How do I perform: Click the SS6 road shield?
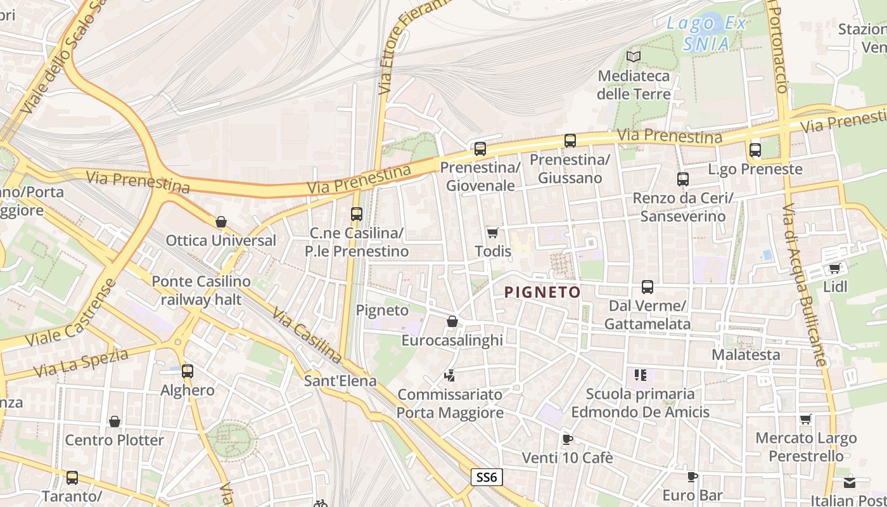(487, 477)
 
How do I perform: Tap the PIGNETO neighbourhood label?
(542, 292)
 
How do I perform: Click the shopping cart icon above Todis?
(492, 233)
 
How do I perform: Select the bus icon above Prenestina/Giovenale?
(480, 150)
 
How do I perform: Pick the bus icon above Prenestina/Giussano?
(570, 141)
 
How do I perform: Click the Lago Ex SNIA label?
(706, 34)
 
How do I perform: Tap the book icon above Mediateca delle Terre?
(634, 57)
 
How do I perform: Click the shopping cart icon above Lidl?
(835, 269)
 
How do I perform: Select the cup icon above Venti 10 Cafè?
(568, 439)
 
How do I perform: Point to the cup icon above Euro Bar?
(692, 477)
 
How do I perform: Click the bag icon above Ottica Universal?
(221, 222)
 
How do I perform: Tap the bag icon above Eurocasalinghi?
(452, 322)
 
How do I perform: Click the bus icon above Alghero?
(188, 371)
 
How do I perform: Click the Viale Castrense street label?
(71, 313)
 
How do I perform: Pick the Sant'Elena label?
(340, 381)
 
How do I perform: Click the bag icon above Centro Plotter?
(115, 422)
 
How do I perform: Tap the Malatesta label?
(746, 354)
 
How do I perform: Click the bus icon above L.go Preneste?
(755, 151)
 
